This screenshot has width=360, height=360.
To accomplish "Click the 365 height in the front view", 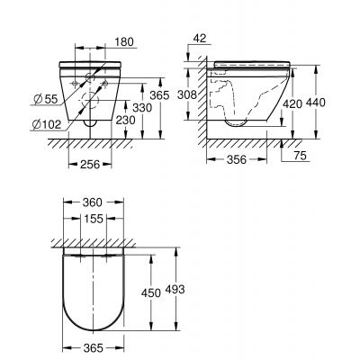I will (156, 93).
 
